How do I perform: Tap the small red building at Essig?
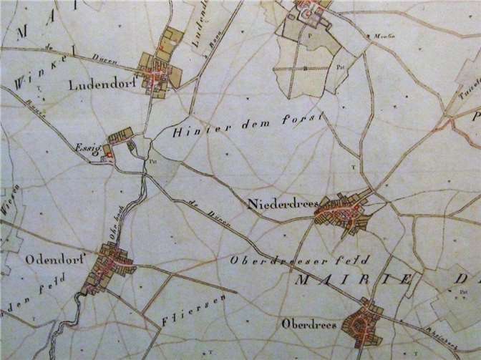click(107, 151)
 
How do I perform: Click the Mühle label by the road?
click(376, 35)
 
